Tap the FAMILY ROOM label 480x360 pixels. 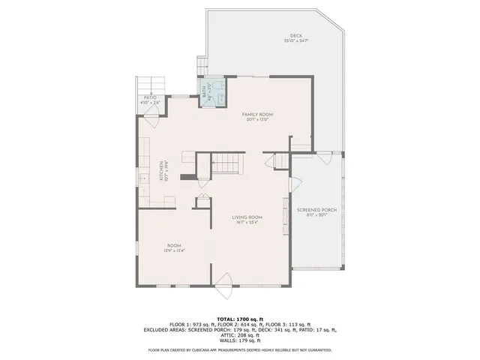pyautogui.click(x=255, y=113)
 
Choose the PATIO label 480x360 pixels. pyautogui.click(x=150, y=97)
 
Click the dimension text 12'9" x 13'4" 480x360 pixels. pyautogui.click(x=174, y=250)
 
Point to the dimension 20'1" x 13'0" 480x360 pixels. pyautogui.click(x=255, y=119)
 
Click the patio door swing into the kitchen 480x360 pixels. pyautogui.click(x=152, y=115)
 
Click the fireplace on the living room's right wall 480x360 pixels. pyautogui.click(x=286, y=212)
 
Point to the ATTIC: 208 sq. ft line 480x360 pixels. pyautogui.click(x=240, y=334)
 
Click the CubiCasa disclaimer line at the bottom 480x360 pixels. pyautogui.click(x=240, y=349)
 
